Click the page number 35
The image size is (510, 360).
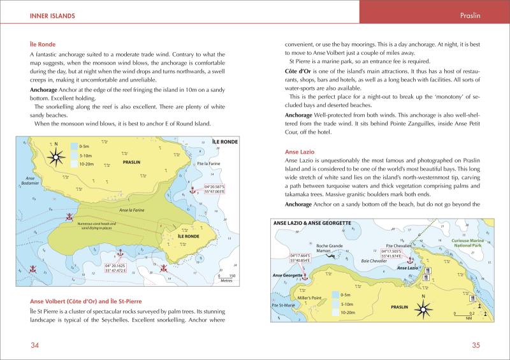coord(475,345)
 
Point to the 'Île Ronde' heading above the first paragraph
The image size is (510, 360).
coord(43,45)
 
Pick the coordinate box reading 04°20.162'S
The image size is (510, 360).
coord(119,268)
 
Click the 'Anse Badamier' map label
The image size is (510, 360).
coord(30,180)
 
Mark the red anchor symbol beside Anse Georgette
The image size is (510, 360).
coord(305,278)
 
